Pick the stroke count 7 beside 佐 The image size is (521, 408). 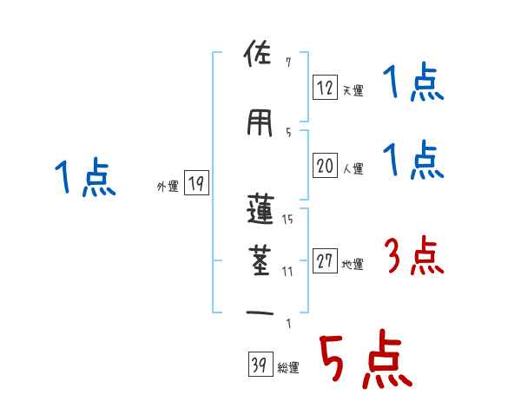(x=287, y=63)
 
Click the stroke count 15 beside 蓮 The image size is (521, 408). (x=287, y=220)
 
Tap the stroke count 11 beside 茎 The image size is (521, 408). (x=287, y=271)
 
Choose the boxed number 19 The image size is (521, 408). (x=195, y=183)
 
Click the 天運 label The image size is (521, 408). (x=353, y=91)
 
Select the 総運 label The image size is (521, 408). (x=288, y=368)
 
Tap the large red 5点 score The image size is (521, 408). (x=364, y=359)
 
